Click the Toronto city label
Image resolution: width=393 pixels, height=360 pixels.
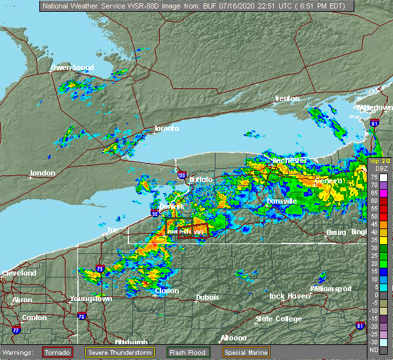coord(166,128)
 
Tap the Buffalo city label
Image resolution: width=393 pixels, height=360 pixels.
coord(200,179)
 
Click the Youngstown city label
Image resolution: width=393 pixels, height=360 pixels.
coord(91,299)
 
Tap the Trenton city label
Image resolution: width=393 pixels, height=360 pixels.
coord(287,98)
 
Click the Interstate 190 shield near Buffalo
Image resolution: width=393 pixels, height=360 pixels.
coord(181,175)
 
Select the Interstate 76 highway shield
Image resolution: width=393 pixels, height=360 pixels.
coord(82,317)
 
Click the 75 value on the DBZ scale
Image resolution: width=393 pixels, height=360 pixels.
coord(373,177)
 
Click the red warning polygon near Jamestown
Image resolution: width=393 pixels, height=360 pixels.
coord(192,231)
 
